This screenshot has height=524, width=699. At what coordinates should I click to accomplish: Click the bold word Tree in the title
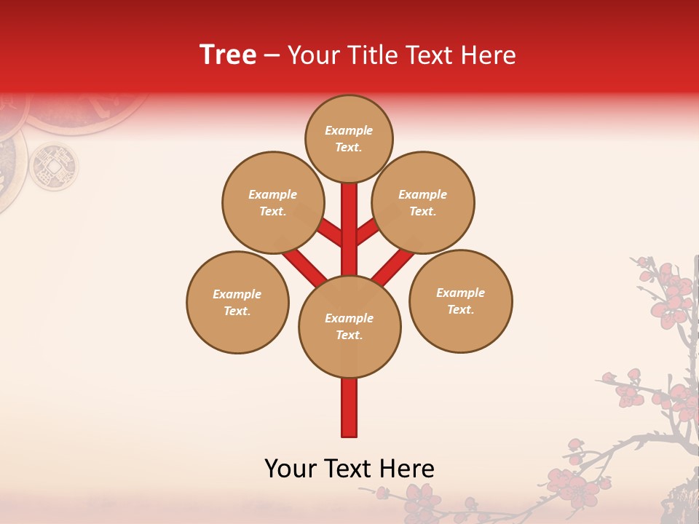[x=228, y=55]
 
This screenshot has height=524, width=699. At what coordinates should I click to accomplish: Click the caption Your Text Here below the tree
[x=349, y=469]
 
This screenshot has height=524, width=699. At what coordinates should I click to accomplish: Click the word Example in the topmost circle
[x=349, y=130]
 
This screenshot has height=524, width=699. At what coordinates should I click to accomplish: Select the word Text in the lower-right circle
[x=459, y=309]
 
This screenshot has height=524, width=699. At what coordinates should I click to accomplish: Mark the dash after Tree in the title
[x=272, y=55]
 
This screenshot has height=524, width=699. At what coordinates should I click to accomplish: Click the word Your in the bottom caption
[x=291, y=469]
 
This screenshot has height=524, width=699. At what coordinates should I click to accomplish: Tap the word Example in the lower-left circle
[x=237, y=294]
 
